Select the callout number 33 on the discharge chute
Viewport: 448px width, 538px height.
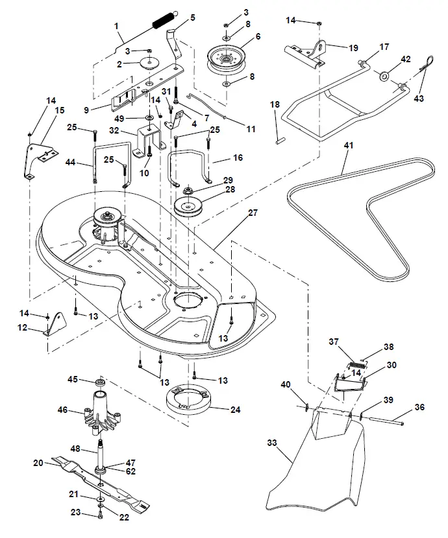pyautogui.click(x=273, y=443)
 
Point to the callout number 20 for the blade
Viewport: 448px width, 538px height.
pyautogui.click(x=38, y=462)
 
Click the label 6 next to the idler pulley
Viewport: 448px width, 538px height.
pyautogui.click(x=258, y=38)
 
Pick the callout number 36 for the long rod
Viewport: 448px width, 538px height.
pyautogui.click(x=419, y=407)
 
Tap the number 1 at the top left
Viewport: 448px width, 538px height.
pyautogui.click(x=116, y=27)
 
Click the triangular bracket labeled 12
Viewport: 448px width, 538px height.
pyautogui.click(x=56, y=325)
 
